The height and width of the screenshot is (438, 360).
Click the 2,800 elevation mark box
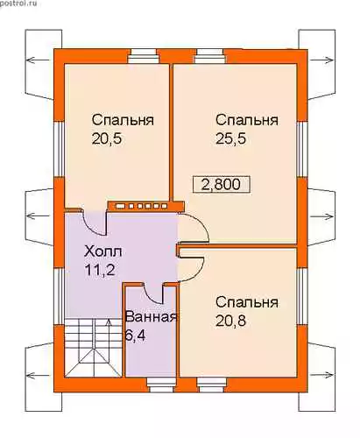tap(222, 184)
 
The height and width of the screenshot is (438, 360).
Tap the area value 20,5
tap(106, 138)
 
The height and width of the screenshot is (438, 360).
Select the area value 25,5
tap(230, 138)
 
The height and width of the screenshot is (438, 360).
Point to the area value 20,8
tap(230, 321)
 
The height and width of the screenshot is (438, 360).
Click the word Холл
tap(103, 251)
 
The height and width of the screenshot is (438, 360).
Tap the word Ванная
tap(152, 317)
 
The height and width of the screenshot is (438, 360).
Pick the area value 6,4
tap(135, 336)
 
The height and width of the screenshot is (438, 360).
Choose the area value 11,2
tap(100, 270)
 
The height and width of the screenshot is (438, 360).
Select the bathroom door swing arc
tap(151, 298)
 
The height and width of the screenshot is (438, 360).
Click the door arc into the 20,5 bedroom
tap(91, 227)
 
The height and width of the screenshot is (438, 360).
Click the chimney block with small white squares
tap(145, 207)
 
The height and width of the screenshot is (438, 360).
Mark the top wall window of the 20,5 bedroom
tap(144, 56)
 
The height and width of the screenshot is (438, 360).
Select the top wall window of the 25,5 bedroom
tap(210, 56)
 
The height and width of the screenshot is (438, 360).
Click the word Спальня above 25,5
tap(247, 120)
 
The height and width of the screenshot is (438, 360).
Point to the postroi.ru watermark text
tap(18, 4)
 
